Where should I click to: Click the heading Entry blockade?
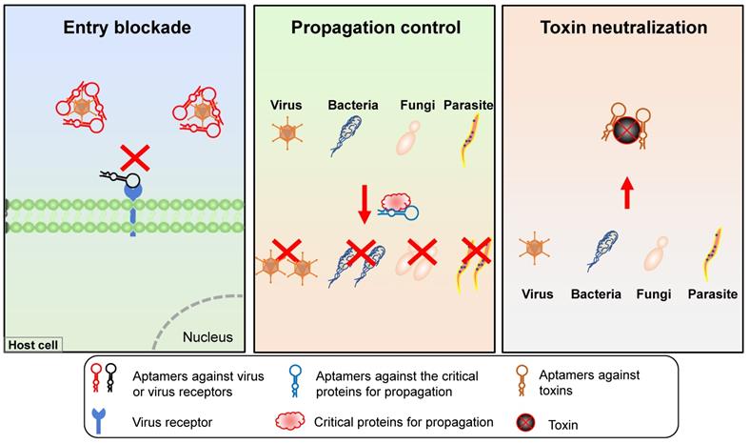click(128, 28)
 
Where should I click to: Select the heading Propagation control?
click(376, 28)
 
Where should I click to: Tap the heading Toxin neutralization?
click(623, 28)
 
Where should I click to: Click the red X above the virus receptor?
click(133, 157)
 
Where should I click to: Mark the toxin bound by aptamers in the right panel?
click(623, 129)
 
